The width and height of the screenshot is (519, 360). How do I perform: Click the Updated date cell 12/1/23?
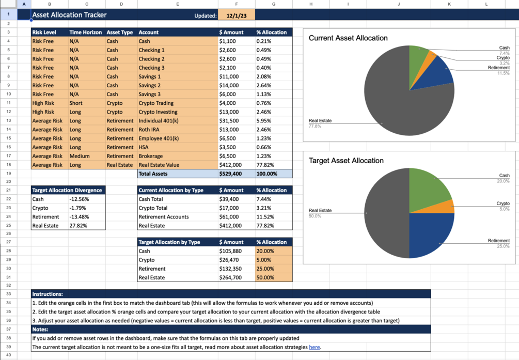pos(237,15)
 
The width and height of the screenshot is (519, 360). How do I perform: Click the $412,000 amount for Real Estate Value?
pos(230,165)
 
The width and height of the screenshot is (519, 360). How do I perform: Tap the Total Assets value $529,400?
pos(230,174)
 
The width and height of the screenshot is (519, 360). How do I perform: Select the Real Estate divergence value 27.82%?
pos(78,226)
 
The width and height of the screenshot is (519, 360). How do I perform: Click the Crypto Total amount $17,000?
pos(230,208)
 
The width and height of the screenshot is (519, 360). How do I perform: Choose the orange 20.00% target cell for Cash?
pos(265,251)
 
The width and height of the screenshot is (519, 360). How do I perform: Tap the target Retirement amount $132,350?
pos(231,269)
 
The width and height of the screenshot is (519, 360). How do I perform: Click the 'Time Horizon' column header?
pos(85,33)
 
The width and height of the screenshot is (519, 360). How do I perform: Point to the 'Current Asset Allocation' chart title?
pos(348,38)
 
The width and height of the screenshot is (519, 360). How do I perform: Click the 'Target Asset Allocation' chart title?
pos(346,161)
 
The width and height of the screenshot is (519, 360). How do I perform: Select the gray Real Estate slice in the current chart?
pos(392,103)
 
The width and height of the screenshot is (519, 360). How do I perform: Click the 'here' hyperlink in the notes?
pos(314,347)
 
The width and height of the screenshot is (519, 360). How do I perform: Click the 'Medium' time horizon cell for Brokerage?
pos(80,156)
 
